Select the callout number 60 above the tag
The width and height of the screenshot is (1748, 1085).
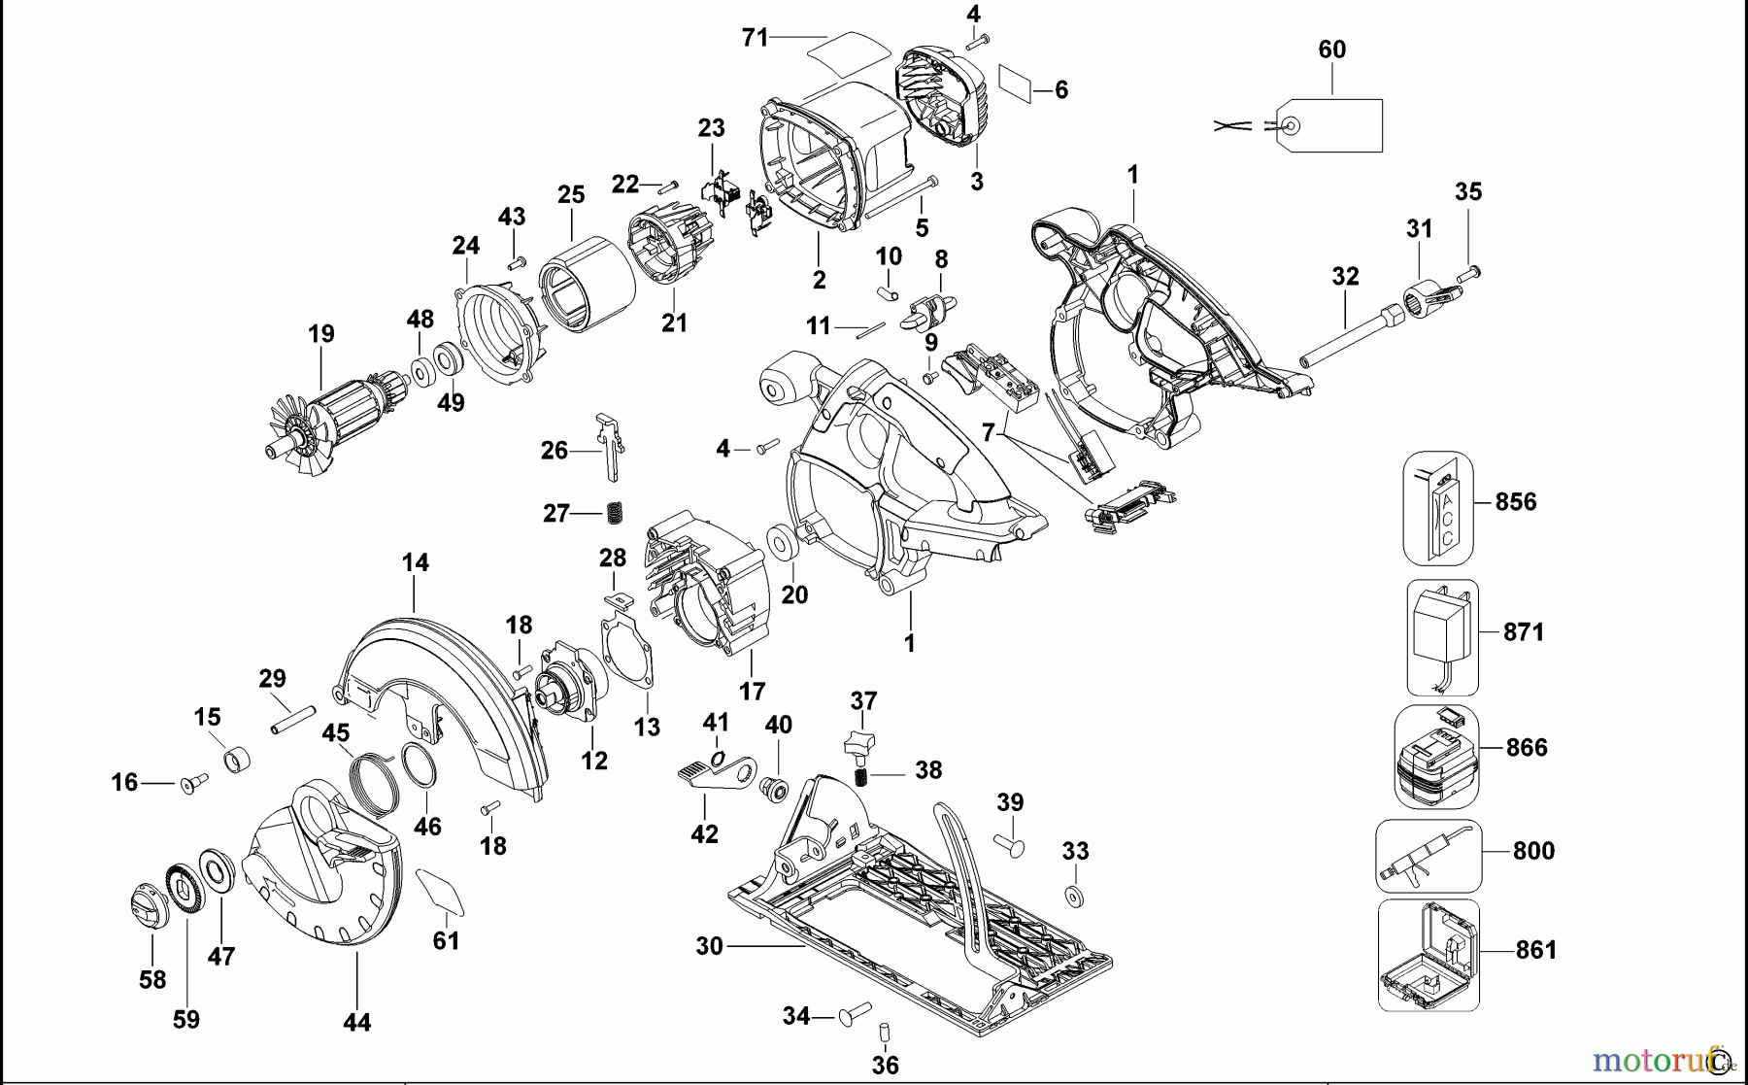pos(1331,50)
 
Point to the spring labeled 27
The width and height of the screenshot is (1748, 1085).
pos(614,512)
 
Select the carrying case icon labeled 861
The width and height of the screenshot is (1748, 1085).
pos(1429,956)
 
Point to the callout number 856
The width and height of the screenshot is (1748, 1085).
pos(1516,502)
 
